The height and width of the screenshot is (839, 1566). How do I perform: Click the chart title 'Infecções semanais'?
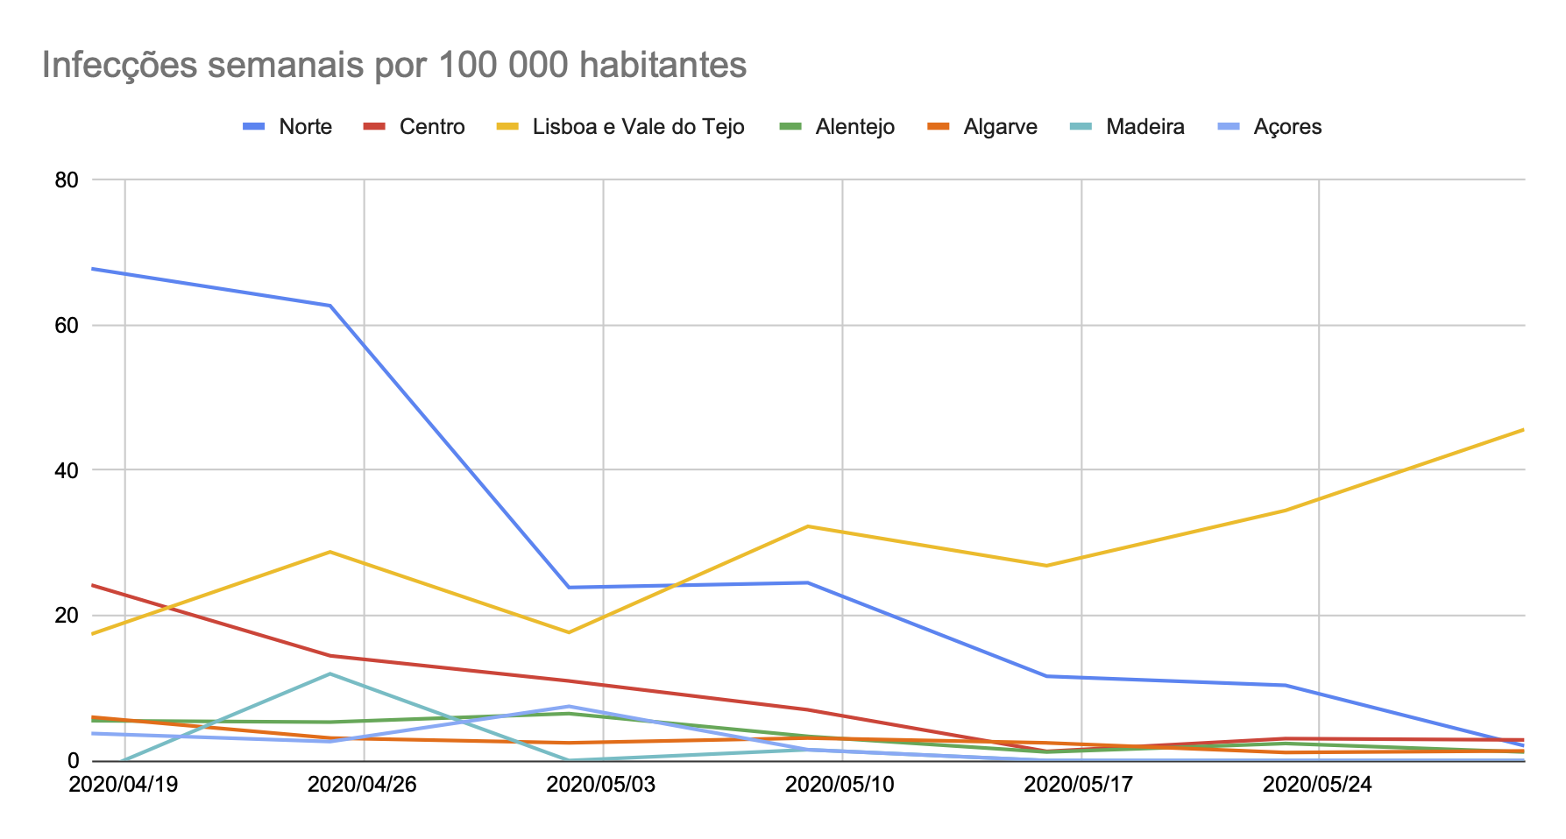coord(393,66)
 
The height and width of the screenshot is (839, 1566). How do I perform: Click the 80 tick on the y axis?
coord(67,180)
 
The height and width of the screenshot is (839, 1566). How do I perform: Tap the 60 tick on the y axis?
coord(67,325)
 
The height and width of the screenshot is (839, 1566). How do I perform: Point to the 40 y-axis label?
coord(67,470)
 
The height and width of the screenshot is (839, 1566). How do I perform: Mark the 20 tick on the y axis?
coord(67,616)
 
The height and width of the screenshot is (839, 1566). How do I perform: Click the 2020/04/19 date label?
coord(124,784)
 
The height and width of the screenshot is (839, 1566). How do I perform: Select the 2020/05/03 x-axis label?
coord(601,784)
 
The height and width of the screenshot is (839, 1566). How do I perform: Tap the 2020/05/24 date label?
coord(1317,784)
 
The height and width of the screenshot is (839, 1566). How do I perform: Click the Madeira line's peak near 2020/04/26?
coord(330,673)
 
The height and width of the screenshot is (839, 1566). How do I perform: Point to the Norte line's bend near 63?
coord(330,306)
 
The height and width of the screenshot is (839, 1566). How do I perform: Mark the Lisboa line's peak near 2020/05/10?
coord(807,526)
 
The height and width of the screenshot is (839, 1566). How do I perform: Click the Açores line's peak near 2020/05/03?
coord(569,706)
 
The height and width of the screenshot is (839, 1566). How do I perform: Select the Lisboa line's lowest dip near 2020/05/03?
coord(569,632)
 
